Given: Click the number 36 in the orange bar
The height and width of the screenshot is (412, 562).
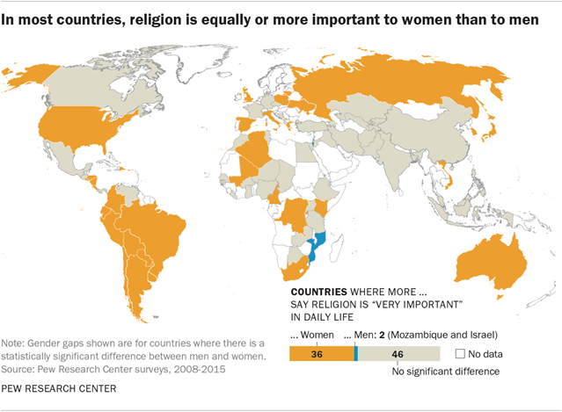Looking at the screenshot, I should pyautogui.click(x=320, y=353).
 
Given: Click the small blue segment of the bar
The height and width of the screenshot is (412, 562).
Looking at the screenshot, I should pyautogui.click(x=355, y=353).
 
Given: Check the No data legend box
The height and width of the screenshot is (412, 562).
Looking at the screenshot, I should pyautogui.click(x=461, y=353).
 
